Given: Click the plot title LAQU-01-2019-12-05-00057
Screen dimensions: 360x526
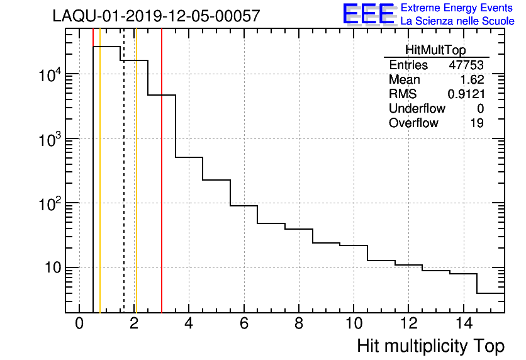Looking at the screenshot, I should point(157,16).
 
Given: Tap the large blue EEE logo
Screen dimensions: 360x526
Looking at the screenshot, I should point(369,14).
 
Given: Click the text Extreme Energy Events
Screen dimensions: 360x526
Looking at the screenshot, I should point(457,8).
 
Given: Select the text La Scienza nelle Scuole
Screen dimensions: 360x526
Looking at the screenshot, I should point(457,21).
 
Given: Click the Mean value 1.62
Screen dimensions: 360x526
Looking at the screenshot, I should point(472,80).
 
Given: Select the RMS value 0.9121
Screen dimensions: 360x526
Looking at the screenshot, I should point(466,94).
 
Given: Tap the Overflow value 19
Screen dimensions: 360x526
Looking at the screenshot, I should point(477,123).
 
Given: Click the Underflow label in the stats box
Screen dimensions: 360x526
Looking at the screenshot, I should point(417,109).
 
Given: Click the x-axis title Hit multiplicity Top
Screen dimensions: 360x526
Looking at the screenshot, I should point(430,346).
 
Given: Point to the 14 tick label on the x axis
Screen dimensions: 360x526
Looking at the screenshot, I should point(463,325).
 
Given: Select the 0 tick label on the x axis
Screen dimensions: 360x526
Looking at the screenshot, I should point(79,325).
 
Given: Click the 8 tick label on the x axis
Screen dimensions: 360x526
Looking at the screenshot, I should point(298,325).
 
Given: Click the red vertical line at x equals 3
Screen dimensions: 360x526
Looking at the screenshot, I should point(162,189).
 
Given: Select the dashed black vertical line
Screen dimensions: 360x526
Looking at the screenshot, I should point(123,189).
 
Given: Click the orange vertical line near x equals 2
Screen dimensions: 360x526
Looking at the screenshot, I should point(136,189).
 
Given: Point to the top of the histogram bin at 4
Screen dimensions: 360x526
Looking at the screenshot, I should point(189,157).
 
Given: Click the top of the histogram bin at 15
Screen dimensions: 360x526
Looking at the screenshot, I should point(491,293).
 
